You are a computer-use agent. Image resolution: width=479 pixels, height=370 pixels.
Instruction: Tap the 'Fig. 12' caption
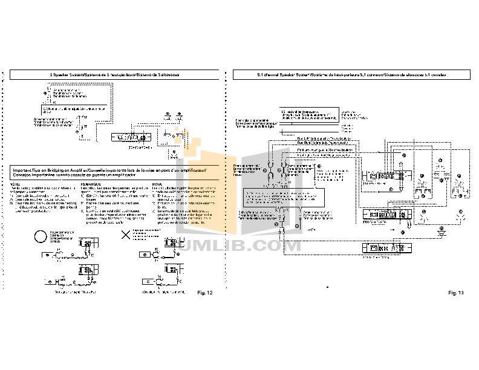coord(206,293)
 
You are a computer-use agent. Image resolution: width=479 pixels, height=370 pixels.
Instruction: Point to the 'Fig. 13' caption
coord(455,293)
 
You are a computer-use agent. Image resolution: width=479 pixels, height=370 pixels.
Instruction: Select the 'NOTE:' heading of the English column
coord(15,184)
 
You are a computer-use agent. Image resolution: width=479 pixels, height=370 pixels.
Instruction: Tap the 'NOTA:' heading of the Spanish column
coord(157,184)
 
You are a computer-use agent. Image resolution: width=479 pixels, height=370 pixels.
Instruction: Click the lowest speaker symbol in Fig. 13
coord(442,232)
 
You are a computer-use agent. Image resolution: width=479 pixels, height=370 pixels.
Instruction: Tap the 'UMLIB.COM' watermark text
coord(244,245)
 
